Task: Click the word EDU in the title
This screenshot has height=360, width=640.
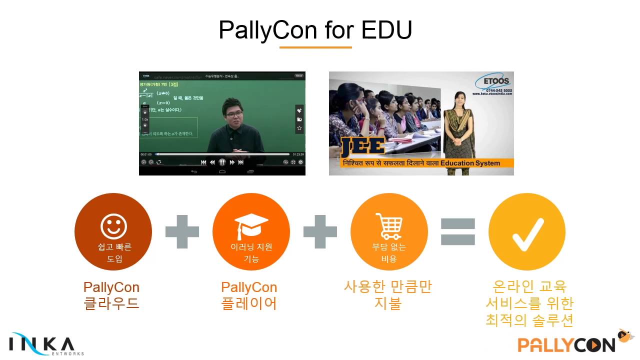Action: click(x=386, y=30)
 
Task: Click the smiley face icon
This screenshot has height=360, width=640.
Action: click(x=113, y=227)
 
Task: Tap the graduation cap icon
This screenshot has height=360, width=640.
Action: click(x=251, y=226)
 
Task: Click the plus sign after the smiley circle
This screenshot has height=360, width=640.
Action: click(x=182, y=231)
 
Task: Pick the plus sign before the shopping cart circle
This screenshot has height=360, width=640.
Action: click(x=320, y=231)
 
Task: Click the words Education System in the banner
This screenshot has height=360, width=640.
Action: click(x=470, y=163)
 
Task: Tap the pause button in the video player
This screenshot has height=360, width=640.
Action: click(x=222, y=162)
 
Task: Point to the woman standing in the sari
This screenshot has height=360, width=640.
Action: click(x=458, y=130)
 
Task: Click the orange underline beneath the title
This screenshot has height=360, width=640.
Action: click(x=315, y=47)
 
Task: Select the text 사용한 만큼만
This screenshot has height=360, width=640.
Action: click(x=387, y=287)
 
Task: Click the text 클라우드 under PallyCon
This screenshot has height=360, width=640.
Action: click(x=111, y=303)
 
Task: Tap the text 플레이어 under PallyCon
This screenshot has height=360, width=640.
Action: click(x=249, y=303)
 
